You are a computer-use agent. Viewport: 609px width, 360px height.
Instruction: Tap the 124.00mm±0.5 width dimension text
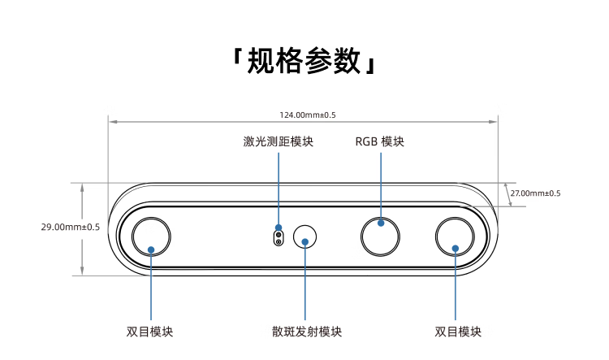303,115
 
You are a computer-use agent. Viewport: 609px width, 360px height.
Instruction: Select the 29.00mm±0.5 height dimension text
70,227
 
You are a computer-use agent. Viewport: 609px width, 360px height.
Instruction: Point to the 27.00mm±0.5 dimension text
535,193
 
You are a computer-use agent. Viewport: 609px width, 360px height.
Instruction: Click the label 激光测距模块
279,141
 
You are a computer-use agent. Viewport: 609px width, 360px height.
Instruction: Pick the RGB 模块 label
380,141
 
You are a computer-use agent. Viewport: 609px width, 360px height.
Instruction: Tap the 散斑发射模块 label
306,332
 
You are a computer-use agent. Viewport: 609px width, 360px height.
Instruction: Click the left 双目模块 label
150,332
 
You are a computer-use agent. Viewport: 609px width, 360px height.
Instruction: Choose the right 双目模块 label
458,332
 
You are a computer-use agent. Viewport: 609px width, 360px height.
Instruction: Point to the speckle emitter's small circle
305,237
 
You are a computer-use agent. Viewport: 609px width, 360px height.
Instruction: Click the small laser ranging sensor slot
279,236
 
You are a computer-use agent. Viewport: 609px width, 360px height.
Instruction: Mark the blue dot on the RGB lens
381,222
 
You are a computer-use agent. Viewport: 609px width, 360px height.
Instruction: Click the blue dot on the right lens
456,249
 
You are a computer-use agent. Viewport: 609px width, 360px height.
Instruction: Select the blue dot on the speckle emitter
305,241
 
